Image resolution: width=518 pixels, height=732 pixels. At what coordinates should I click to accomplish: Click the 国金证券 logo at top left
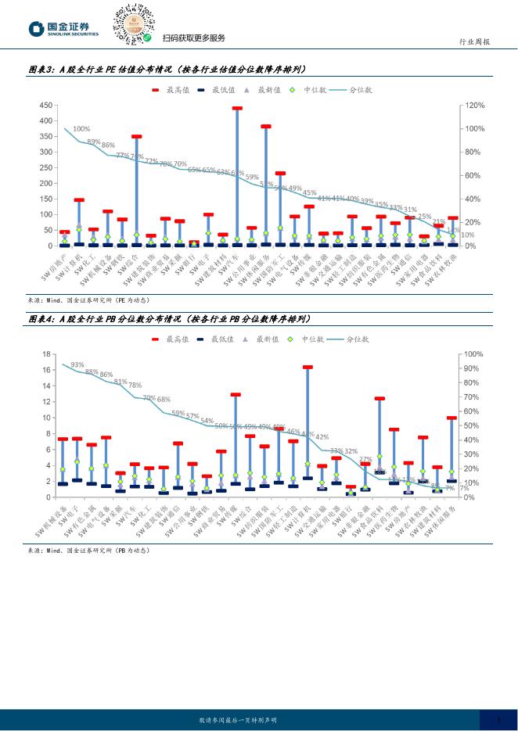tap(64, 29)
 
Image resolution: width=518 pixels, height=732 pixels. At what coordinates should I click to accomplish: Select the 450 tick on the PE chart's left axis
tap(45, 106)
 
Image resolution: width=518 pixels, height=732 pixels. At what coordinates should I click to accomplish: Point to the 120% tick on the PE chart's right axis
tap(476, 106)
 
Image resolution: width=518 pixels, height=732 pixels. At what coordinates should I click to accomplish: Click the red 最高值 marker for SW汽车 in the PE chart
tap(237, 109)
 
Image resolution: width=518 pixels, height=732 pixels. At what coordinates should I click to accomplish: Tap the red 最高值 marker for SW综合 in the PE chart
tap(137, 137)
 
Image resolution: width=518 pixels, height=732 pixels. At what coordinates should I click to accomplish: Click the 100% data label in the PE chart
tap(81, 129)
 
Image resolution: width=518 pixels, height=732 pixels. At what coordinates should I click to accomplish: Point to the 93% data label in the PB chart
tap(77, 364)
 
